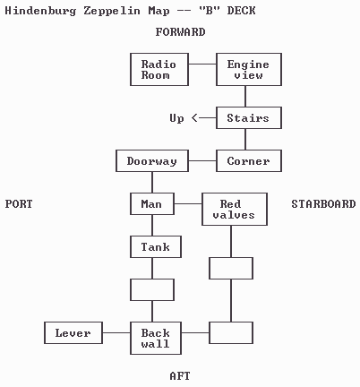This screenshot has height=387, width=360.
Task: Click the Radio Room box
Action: (159, 70)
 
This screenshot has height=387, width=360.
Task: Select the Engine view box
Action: (249, 70)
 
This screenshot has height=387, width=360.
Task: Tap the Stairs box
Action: (249, 118)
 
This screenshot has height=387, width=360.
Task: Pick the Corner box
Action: (249, 161)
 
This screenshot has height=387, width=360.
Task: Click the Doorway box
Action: (152, 161)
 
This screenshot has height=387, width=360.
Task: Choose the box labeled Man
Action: (152, 204)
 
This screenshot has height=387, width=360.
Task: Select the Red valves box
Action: (235, 210)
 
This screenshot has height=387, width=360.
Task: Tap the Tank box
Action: (156, 247)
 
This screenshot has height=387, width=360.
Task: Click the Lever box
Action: (73, 333)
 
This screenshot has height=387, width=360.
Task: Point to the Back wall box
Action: (156, 339)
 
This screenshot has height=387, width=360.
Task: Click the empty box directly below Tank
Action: (152, 290)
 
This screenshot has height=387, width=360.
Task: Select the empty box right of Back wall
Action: (231, 333)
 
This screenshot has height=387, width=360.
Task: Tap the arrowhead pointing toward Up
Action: (194, 118)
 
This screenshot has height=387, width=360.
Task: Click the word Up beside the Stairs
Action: (176, 118)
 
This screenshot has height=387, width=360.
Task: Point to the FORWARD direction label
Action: (180, 32)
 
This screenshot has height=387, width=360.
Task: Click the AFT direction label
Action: (180, 376)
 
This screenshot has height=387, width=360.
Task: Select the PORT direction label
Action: (19, 204)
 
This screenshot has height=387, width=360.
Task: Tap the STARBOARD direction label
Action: (323, 204)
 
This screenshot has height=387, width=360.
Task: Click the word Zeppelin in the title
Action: (112, 11)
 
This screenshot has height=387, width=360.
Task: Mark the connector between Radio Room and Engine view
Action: (202, 64)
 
